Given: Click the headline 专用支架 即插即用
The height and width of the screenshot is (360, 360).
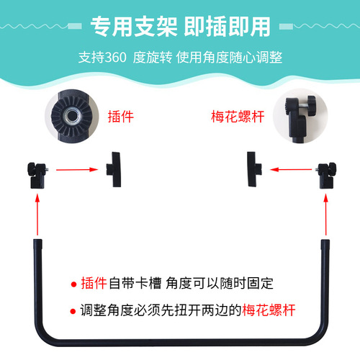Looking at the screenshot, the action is [x=181, y=27].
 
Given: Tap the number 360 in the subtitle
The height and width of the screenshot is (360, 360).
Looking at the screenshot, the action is [x=116, y=58].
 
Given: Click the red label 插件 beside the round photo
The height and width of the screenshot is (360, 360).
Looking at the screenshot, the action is [x=120, y=117].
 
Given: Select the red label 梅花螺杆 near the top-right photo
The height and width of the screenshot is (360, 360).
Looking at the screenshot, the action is [x=238, y=117].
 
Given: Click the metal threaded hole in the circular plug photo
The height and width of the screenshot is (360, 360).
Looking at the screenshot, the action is [x=71, y=116].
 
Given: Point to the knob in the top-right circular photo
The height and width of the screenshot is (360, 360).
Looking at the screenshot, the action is [x=311, y=106].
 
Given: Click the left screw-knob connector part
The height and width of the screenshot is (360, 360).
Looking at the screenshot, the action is [x=37, y=176].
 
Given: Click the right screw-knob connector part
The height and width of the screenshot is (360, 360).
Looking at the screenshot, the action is [x=326, y=176].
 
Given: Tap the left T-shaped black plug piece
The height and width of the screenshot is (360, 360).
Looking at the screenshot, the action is [x=114, y=169].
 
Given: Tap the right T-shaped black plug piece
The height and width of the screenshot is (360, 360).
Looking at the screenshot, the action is [x=254, y=169].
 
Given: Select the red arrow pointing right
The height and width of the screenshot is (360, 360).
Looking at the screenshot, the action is [x=77, y=170].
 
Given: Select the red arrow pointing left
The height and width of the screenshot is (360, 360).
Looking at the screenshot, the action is [x=291, y=169].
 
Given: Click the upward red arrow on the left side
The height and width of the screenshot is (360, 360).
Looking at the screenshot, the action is [x=37, y=215].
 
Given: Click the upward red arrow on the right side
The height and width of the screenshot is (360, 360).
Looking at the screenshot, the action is [x=325, y=215].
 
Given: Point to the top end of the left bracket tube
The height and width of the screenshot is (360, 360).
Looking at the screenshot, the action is [x=37, y=240].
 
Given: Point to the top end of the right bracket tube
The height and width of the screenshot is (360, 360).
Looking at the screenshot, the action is [x=325, y=240].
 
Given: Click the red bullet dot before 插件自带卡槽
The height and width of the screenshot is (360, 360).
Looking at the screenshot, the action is [x=73, y=284].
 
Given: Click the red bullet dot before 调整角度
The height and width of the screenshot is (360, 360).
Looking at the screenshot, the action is [x=73, y=311].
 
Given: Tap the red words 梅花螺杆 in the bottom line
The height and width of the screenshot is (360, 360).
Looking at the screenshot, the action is [x=269, y=310].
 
